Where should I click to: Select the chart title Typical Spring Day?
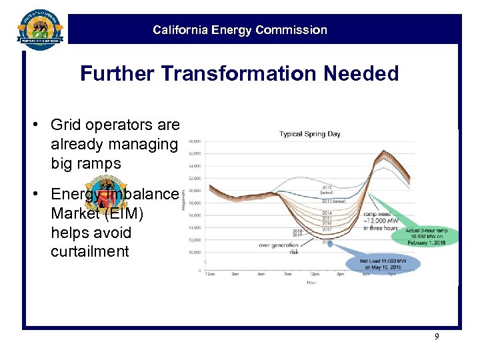point(309,134)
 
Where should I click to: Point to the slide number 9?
point(437,337)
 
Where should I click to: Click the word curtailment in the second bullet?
point(89,251)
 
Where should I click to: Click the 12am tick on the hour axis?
point(211,274)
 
